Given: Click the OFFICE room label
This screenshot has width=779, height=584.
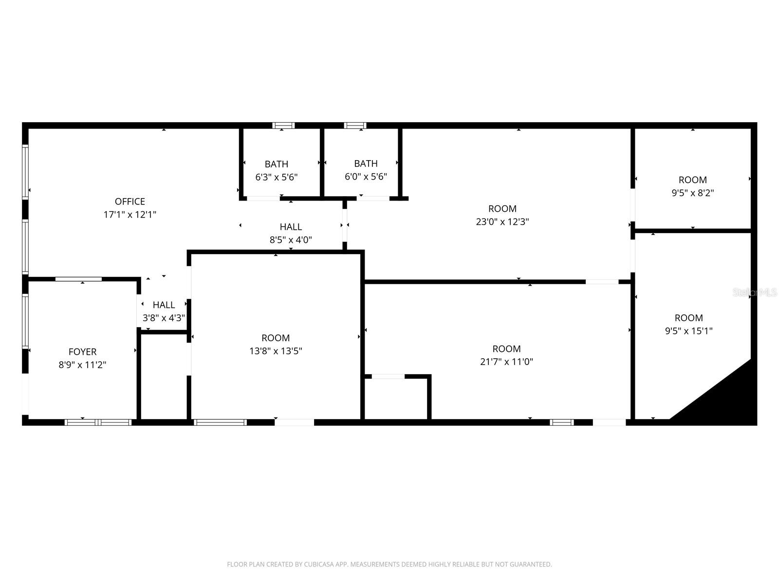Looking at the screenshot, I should [130, 201].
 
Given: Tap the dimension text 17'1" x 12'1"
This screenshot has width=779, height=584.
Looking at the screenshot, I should [130, 214].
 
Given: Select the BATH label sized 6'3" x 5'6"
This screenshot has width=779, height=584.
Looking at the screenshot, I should [276, 164].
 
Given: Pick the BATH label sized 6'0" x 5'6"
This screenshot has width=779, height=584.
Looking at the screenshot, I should [366, 164].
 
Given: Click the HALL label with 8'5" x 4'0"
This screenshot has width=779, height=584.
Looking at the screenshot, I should [291, 227].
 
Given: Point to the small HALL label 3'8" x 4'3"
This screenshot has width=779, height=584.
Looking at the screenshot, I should [164, 305].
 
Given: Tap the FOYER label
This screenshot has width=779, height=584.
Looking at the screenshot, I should [82, 352].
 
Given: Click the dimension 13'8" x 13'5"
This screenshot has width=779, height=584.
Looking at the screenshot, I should [276, 351].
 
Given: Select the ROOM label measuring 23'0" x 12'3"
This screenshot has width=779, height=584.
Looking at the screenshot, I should [502, 209].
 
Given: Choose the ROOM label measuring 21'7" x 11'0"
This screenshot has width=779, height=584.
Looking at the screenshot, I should [506, 349].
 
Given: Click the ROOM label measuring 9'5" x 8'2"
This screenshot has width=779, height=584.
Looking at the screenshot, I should [692, 180].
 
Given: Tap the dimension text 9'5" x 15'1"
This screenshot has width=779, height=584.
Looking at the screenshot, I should [688, 331].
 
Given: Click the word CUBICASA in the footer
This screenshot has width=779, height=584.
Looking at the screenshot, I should [318, 565].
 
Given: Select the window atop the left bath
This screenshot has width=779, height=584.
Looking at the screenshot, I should [283, 126].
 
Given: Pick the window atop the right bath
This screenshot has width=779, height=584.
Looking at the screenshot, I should [355, 126].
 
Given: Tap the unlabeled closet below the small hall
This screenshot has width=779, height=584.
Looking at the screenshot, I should [164, 376].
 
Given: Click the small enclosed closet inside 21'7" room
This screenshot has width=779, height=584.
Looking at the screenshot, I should [396, 398].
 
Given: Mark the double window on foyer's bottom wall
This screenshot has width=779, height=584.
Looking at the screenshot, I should [98, 422].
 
